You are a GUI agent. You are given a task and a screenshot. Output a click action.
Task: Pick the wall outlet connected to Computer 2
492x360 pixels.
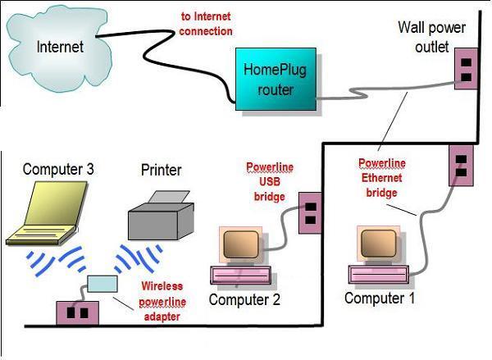(x=310, y=213)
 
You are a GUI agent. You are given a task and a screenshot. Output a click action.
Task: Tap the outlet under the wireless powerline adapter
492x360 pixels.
(x=77, y=312)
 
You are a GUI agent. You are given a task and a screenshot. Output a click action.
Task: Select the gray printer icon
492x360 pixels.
(x=161, y=216)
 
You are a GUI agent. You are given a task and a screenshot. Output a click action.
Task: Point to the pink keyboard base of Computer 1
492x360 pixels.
(x=380, y=277)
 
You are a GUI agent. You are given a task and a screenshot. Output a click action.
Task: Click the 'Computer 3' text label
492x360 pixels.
(x=59, y=170)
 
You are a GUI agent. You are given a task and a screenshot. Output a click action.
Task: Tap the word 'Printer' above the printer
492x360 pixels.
(x=161, y=171)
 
